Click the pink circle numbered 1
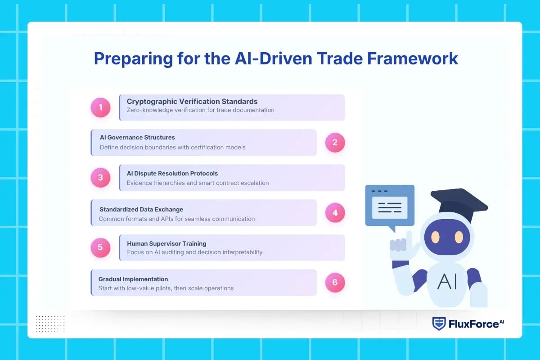click(x=100, y=108)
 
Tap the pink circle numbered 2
click(x=335, y=143)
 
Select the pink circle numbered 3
click(x=100, y=178)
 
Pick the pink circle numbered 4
click(x=335, y=213)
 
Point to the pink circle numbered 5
click(x=100, y=247)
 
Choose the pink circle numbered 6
click(x=335, y=283)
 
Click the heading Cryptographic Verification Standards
click(x=192, y=102)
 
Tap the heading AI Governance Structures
click(x=137, y=137)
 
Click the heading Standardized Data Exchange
click(x=141, y=209)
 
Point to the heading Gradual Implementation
click(x=133, y=279)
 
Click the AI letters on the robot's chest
click(x=447, y=282)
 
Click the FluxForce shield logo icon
click(x=439, y=324)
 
